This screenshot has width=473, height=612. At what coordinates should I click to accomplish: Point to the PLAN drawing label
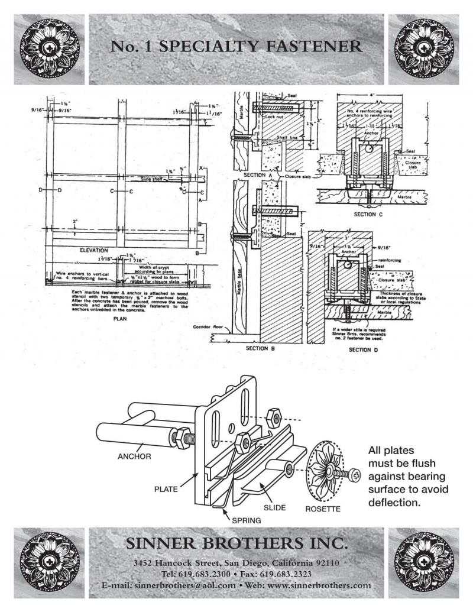pos(120,318)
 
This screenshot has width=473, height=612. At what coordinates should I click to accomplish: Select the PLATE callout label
pos(166,489)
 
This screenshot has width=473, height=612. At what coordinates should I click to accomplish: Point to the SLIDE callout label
pos(275,508)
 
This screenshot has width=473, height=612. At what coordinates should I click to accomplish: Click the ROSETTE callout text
pos(322,509)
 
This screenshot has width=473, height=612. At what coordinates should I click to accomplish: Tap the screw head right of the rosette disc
pos(357,474)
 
